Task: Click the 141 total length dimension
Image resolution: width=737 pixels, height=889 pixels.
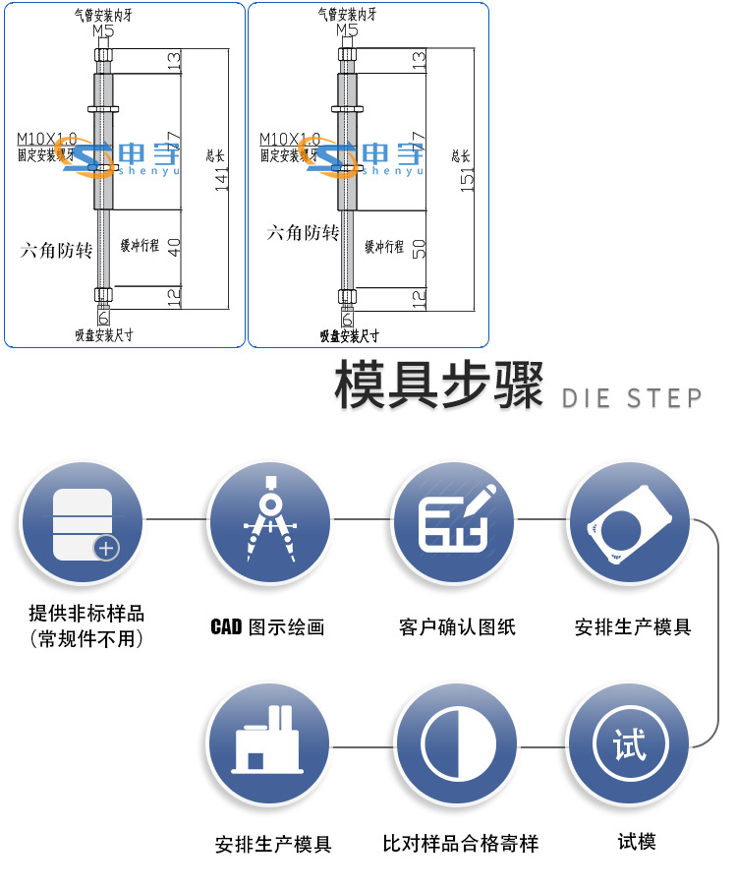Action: click(222, 178)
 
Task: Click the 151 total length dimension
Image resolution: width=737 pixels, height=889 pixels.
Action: click(468, 178)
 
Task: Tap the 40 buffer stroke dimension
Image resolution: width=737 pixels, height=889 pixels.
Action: click(174, 248)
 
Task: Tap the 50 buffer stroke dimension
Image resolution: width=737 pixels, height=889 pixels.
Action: click(420, 248)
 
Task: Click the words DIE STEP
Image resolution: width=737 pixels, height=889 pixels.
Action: click(632, 398)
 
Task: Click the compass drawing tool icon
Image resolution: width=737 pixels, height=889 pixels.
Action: click(268, 522)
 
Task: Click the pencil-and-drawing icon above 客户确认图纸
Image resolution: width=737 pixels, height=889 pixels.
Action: click(454, 522)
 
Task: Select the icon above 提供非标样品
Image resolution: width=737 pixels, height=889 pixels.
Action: click(83, 522)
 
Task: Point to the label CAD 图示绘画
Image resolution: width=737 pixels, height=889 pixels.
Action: click(267, 626)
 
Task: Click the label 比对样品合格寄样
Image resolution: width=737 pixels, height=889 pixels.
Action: click(460, 843)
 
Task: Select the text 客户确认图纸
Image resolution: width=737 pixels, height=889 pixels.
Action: click(457, 626)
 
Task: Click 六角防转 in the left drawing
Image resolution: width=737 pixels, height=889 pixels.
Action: click(57, 250)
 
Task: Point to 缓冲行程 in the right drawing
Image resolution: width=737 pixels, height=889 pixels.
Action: click(384, 247)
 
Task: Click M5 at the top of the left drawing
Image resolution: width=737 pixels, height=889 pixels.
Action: click(102, 30)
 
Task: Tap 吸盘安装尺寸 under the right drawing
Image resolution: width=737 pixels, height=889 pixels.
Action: click(349, 335)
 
